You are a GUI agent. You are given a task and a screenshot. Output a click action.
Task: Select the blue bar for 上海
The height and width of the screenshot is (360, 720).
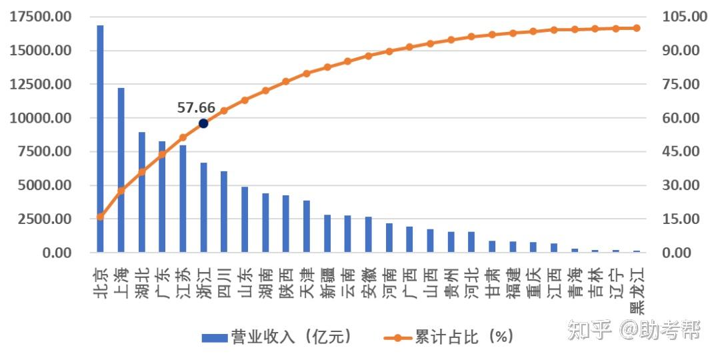[x=121, y=170]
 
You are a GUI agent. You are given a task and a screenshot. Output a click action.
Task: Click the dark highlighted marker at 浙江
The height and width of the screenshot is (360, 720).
[x=203, y=123]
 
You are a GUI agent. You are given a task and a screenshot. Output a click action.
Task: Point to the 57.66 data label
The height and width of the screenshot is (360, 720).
[x=196, y=107]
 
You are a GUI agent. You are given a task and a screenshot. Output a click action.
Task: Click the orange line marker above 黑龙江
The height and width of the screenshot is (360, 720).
[x=636, y=28]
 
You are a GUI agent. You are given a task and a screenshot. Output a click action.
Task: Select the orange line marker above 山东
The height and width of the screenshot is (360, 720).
[x=245, y=100]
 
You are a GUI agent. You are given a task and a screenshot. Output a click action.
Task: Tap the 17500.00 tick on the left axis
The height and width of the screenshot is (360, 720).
[x=41, y=17]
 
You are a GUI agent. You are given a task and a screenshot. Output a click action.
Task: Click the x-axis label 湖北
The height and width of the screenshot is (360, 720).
[x=141, y=282]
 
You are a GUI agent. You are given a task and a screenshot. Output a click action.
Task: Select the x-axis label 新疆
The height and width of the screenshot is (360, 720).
[x=327, y=282]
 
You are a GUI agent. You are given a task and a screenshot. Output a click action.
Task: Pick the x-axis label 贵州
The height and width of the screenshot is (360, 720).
[x=451, y=282]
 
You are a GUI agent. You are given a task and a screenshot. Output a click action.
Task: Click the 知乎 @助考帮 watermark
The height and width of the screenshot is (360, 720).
[x=633, y=329]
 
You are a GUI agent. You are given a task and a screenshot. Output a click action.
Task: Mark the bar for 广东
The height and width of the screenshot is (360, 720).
[x=162, y=197]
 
